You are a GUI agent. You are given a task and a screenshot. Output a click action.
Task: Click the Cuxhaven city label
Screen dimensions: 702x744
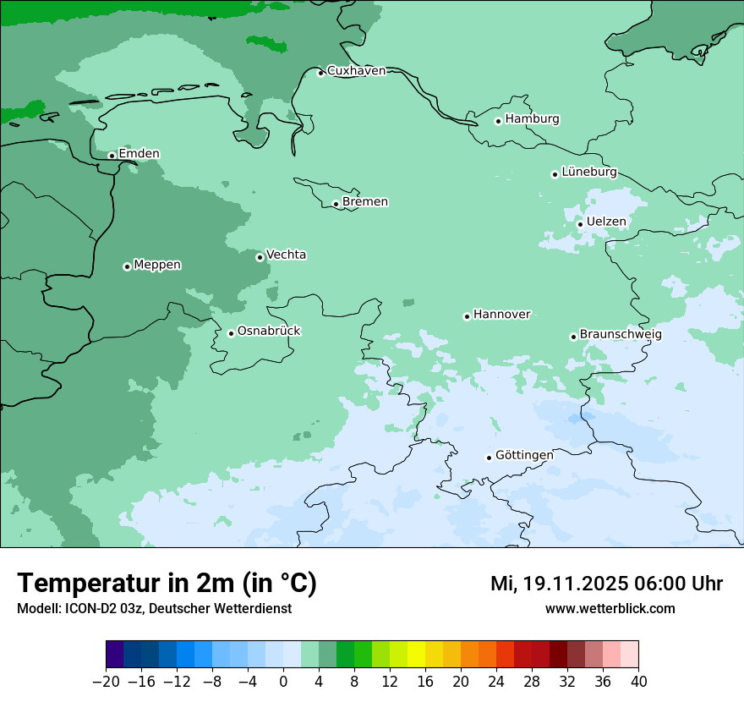point(356,71)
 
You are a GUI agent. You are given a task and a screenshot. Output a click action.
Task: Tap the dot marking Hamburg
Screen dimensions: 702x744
point(498,121)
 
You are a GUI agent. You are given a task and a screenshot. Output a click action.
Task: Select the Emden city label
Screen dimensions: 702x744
point(139,154)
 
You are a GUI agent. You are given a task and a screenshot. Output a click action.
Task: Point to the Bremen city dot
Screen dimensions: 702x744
point(336,204)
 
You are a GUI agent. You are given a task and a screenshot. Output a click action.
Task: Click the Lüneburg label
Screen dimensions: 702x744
point(588,173)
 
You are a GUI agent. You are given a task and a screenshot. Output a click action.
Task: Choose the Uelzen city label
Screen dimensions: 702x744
point(606,222)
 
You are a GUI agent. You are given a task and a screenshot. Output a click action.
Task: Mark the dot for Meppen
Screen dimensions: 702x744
point(127,266)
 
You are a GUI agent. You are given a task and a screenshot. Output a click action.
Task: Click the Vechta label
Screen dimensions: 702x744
point(286,255)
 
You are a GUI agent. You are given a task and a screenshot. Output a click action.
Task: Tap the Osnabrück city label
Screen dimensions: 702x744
point(269,332)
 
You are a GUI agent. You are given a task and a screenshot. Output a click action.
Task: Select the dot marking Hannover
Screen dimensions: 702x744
point(467,316)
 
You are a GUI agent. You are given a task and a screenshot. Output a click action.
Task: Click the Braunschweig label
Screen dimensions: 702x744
point(621,335)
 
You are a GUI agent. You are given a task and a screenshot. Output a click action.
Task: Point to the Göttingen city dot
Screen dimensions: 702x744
point(489,458)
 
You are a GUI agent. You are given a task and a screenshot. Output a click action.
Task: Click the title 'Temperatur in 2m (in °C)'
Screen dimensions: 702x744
point(167,583)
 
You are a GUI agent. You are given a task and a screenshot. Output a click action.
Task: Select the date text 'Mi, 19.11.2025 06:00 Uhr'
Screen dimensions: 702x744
point(606,584)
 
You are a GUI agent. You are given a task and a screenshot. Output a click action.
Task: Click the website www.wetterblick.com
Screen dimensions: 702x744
point(610,608)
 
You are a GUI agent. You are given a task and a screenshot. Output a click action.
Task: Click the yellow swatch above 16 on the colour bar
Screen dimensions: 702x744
point(416,655)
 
